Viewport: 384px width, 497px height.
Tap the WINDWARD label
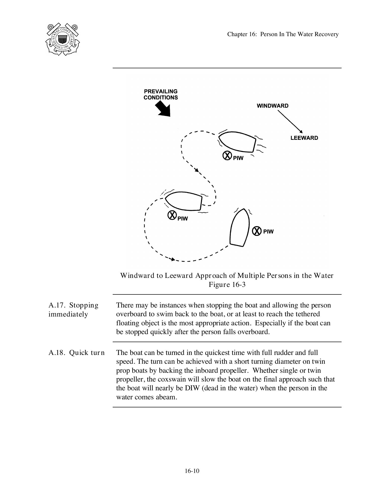point(273,106)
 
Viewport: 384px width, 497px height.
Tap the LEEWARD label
point(304,138)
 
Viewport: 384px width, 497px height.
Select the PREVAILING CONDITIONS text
point(161,94)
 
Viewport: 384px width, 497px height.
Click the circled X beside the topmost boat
point(227,156)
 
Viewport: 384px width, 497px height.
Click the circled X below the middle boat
point(172,215)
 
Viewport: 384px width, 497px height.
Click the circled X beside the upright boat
point(257,231)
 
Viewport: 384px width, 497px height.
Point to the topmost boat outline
point(237,142)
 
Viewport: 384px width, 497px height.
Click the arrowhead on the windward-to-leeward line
point(301,132)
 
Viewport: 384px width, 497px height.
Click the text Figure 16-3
point(227,285)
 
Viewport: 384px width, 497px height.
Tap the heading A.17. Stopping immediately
point(73,310)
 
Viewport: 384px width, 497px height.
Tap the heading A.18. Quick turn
point(76,353)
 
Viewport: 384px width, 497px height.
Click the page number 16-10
point(192,471)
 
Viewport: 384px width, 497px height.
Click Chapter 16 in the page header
point(241,34)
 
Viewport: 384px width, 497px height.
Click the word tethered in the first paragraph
point(307,314)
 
